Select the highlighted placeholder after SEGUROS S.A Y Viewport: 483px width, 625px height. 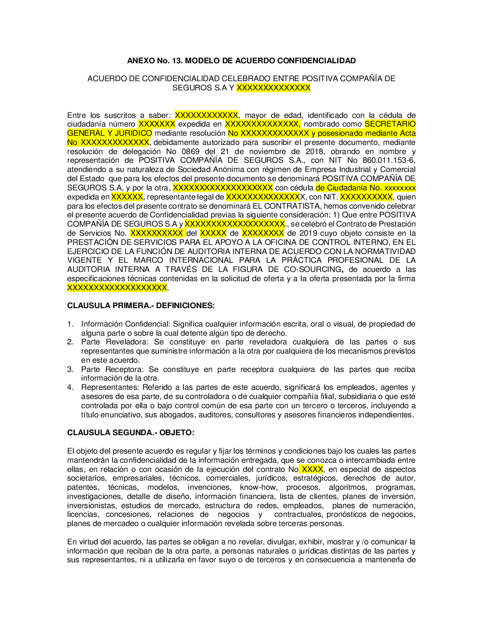coord(273,88)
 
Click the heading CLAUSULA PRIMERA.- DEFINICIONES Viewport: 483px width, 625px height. coord(141,306)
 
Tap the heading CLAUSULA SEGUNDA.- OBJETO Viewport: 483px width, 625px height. coord(130,433)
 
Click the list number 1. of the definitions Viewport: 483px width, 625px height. coord(71,324)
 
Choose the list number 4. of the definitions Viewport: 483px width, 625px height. coord(71,387)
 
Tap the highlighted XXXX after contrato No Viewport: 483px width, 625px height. coord(312,469)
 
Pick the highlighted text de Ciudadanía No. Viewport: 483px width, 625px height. coord(348,188)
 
